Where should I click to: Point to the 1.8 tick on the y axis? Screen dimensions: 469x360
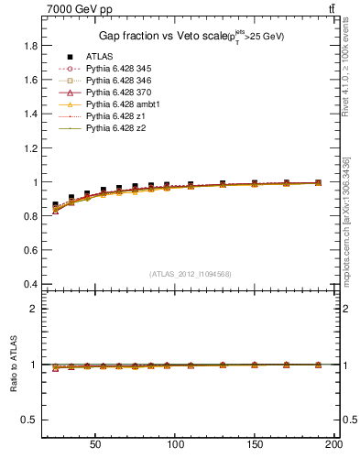click(x=30, y=46)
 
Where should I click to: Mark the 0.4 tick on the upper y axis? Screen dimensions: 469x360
click(x=30, y=284)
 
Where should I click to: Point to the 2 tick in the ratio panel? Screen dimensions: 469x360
click(x=34, y=309)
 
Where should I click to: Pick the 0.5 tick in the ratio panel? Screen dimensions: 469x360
click(x=30, y=420)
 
